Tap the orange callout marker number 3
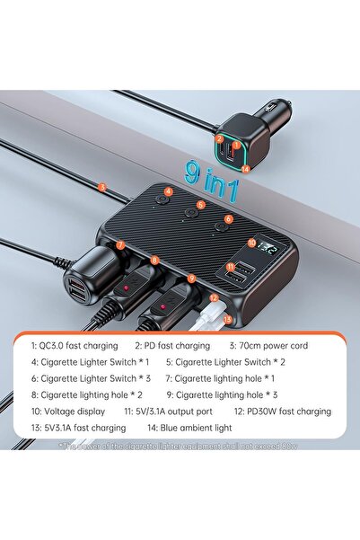point(102,187)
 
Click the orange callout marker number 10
point(250,240)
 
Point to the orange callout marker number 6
point(228,218)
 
